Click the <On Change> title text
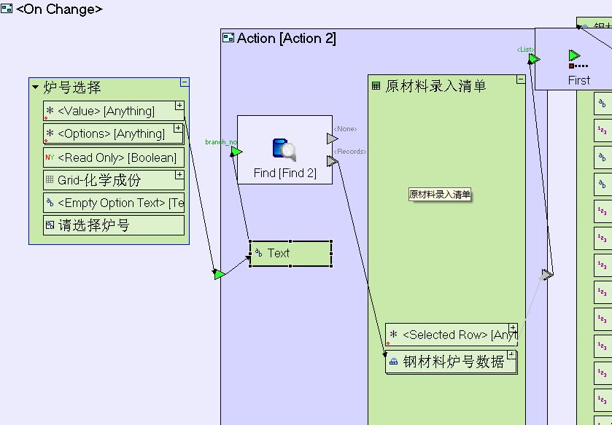point(59,9)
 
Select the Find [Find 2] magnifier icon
point(284,149)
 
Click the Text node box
point(290,254)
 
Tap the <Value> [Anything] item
point(109,112)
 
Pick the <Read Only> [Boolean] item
point(113,157)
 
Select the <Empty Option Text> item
point(113,203)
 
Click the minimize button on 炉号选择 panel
point(185,82)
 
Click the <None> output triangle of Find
point(332,139)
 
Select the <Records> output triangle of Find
point(332,161)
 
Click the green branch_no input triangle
point(236,152)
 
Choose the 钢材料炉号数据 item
point(453,362)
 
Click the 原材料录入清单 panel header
point(435,86)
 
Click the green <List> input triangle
point(534,58)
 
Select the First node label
point(578,80)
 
